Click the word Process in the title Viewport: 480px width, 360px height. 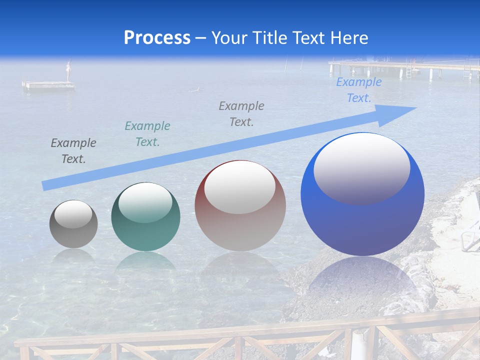point(157,37)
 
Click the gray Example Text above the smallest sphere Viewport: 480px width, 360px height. point(73,151)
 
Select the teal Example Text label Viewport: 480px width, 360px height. point(147,134)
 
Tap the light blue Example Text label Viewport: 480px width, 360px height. point(359,90)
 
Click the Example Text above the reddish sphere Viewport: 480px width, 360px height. point(241,113)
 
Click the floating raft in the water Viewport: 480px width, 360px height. point(48,85)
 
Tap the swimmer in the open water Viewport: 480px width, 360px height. point(196,89)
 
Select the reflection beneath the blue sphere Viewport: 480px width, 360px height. point(362,280)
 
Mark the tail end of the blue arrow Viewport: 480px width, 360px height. point(46,185)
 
